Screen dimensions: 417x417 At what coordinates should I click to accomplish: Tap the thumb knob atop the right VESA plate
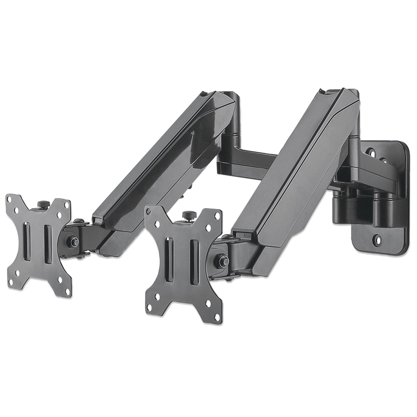[x=189, y=215]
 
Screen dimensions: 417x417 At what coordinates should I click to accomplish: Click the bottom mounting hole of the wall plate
[x=377, y=240]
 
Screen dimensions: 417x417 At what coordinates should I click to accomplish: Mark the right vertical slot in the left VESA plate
[x=46, y=243]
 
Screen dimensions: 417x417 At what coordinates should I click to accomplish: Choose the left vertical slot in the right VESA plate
[x=169, y=259]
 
